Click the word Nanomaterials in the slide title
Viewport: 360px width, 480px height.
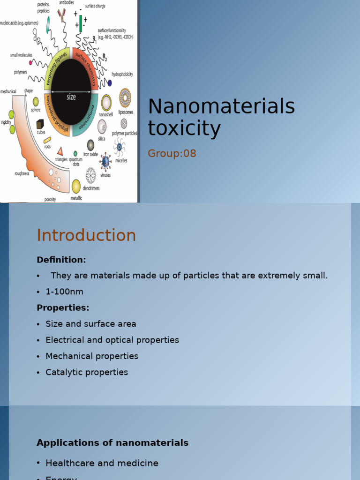pos(221,106)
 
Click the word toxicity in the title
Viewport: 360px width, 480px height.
pos(184,128)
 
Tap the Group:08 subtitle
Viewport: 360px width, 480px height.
pos(172,153)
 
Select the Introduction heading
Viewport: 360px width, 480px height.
pos(86,235)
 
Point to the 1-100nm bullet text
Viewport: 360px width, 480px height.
pos(64,292)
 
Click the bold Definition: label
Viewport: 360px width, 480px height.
pos(61,260)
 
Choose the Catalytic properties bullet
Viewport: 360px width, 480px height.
pos(87,372)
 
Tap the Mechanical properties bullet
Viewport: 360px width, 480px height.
pos(92,356)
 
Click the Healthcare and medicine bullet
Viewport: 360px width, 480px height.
pos(102,463)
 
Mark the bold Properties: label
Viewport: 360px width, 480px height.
pos(63,308)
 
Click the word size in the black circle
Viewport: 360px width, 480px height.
pos(71,97)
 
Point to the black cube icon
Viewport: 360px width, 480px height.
pos(40,124)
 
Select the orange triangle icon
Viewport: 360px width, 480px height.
pos(60,151)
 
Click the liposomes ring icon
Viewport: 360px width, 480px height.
pos(125,97)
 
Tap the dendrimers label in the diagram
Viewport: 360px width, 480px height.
pos(91,188)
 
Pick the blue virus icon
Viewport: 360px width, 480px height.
pos(105,162)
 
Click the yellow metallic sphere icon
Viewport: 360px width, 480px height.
pos(76,186)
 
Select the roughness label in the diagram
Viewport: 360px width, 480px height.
pos(22,173)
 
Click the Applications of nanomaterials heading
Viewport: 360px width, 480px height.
pos(112,443)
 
